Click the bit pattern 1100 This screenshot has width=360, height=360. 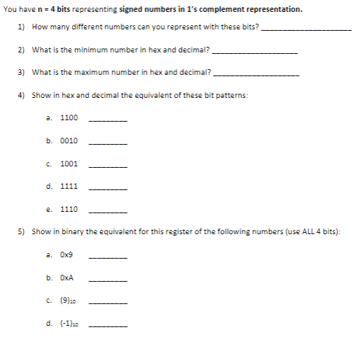pyautogui.click(x=69, y=118)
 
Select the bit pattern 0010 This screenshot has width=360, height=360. pyautogui.click(x=69, y=141)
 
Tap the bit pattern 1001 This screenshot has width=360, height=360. pyautogui.click(x=69, y=164)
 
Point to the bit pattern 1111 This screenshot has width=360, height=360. pyautogui.click(x=69, y=187)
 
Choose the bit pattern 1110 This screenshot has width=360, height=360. pyautogui.click(x=69, y=209)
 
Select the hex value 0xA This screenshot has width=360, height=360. pyautogui.click(x=67, y=278)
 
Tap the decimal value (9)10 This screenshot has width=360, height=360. pyautogui.click(x=69, y=301)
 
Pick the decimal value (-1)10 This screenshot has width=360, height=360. pyautogui.click(x=69, y=324)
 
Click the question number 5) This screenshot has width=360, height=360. pyautogui.click(x=21, y=231)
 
